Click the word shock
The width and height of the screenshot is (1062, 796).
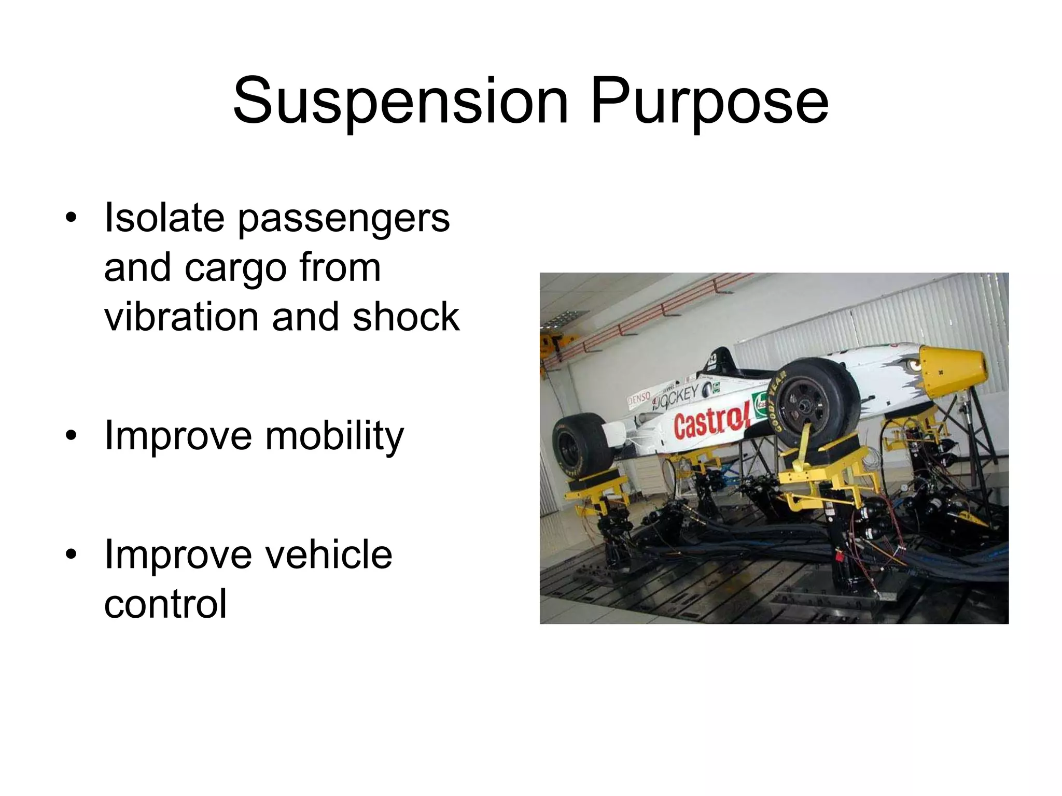click(x=406, y=317)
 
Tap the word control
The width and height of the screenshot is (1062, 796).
click(x=165, y=604)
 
